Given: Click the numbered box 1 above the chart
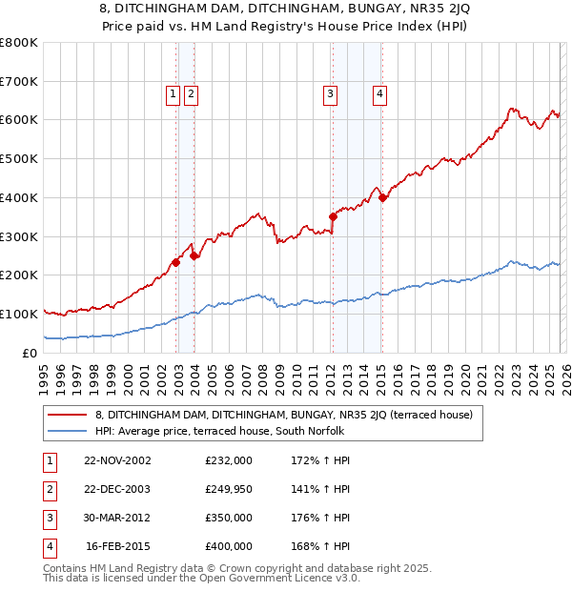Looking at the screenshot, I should pos(173,93).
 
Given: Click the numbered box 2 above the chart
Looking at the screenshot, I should pos(191,93).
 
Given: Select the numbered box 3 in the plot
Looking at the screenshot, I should pos(330,93).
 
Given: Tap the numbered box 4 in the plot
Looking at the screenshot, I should pos(379,93).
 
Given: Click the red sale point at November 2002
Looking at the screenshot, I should pos(176,262).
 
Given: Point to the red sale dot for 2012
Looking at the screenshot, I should pos(333,216).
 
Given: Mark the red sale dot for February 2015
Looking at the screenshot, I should pos(382,197).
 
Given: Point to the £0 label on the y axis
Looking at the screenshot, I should pos(31,353).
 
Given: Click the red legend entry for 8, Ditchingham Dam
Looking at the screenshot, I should pos(276,415).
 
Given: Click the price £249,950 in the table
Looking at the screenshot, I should pos(229,489).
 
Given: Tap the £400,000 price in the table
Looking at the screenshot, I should pos(229,546).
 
